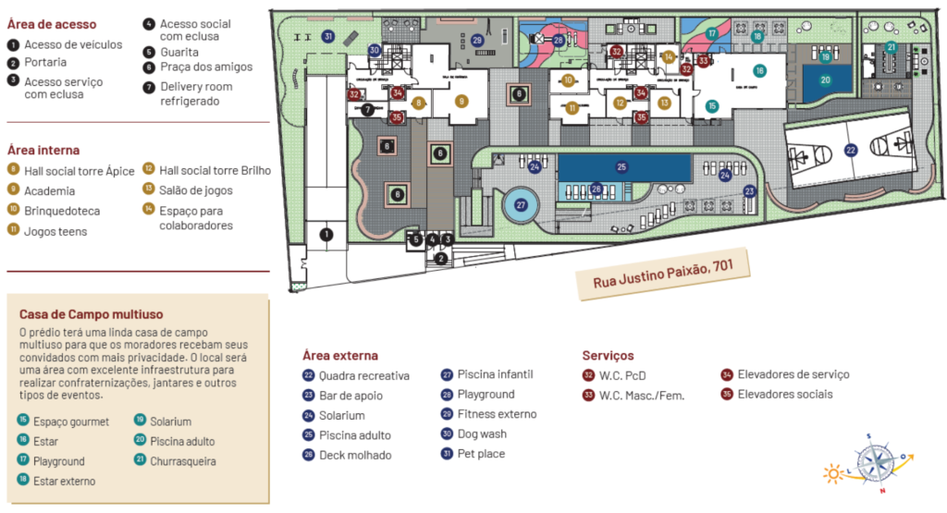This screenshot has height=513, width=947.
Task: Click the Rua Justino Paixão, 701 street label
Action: pos(658,275)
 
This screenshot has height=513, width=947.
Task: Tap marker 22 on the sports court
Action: pos(850,149)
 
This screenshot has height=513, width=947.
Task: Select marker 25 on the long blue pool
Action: pos(621,166)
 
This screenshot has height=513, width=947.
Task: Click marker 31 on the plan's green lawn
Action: pos(327,36)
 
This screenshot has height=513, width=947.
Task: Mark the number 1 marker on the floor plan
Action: pos(326,235)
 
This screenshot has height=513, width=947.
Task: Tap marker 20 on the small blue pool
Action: pos(825,80)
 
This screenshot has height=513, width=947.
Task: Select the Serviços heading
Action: pos(608,355)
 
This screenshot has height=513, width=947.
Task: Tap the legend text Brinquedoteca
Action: pos(62,211)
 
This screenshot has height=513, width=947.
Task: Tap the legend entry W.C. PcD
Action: pos(622,375)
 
